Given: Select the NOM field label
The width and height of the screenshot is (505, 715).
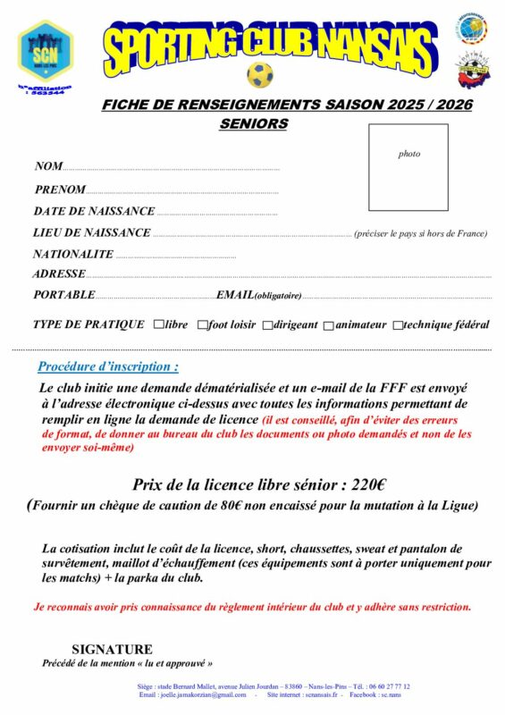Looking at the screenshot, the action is click(x=48, y=166).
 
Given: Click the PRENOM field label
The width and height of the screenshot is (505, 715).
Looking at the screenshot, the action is click(x=60, y=189).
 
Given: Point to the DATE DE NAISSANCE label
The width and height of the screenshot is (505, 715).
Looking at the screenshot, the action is click(x=94, y=212).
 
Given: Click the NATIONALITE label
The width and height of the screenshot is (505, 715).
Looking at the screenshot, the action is click(x=73, y=254).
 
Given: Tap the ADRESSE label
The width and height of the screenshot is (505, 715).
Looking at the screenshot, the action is click(x=59, y=274).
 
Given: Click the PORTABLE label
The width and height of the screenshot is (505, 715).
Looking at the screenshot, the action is click(x=63, y=295).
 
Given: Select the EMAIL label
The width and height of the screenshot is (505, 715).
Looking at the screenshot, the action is click(x=234, y=295).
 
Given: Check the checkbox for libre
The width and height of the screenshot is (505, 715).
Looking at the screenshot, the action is click(x=158, y=324).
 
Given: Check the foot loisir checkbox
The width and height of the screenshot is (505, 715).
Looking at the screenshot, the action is click(x=202, y=325).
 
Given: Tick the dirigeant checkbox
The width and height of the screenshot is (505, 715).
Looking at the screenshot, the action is click(x=267, y=325).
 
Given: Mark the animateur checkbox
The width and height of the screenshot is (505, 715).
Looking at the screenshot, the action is click(x=329, y=325).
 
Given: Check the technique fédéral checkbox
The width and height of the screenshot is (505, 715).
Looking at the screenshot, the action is click(x=397, y=325).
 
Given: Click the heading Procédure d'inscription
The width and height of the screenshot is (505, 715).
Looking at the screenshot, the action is click(x=108, y=366).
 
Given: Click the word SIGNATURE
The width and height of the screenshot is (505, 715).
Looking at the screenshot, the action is click(x=112, y=649).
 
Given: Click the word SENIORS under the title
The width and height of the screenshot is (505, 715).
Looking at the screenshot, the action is click(x=254, y=124).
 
